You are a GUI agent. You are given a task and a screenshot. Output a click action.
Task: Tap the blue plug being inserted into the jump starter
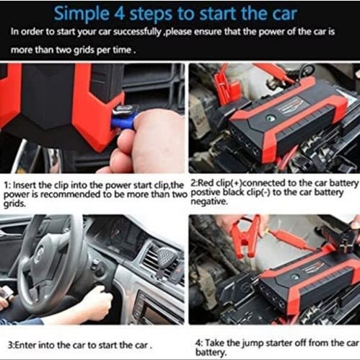coord(123,120)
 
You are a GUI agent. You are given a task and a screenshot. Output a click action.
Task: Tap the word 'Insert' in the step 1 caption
coord(25,185)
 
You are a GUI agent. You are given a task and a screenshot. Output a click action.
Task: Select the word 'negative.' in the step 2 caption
coord(208,202)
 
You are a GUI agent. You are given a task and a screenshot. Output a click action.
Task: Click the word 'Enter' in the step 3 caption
coord(25,346)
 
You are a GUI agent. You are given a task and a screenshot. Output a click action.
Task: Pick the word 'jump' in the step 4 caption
coord(252,343)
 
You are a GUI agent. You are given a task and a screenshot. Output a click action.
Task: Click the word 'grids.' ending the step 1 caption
coord(14,204)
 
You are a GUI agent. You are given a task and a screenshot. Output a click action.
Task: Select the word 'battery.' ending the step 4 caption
coord(211,353)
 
